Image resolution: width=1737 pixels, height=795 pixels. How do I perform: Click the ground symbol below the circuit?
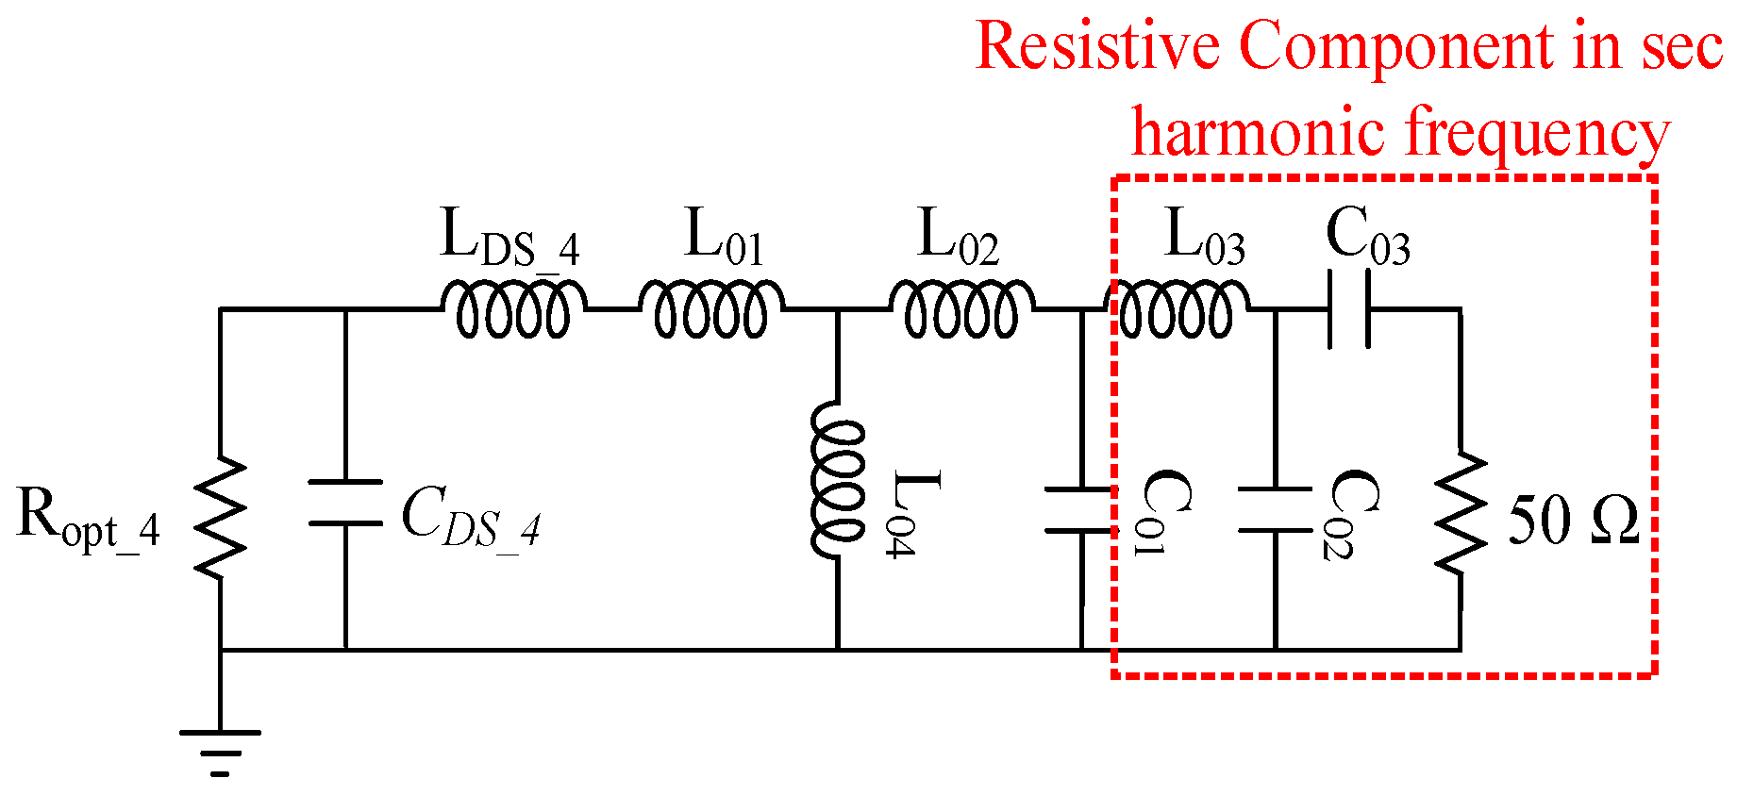[x=220, y=751]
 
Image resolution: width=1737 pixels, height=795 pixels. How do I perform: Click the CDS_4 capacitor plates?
[x=345, y=503]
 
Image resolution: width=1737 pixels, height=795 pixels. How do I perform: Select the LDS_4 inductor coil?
[x=512, y=309]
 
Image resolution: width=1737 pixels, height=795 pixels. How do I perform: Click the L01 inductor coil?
[x=710, y=309]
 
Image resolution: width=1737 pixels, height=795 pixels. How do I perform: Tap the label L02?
[x=957, y=237]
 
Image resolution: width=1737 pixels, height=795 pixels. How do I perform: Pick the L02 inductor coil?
[x=961, y=309]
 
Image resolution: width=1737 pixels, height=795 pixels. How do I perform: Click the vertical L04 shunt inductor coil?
[x=838, y=481]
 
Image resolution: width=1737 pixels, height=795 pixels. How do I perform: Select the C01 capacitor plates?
[x=1081, y=510]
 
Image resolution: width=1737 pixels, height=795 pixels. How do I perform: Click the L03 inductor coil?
[x=1177, y=309]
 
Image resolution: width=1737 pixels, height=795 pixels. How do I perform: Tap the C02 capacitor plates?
[x=1275, y=510]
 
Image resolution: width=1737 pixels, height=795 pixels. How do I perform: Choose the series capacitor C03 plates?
[x=1347, y=309]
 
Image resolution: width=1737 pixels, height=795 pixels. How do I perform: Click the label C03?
[x=1367, y=237]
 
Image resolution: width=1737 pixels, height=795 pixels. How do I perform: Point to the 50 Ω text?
[x=1572, y=520]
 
